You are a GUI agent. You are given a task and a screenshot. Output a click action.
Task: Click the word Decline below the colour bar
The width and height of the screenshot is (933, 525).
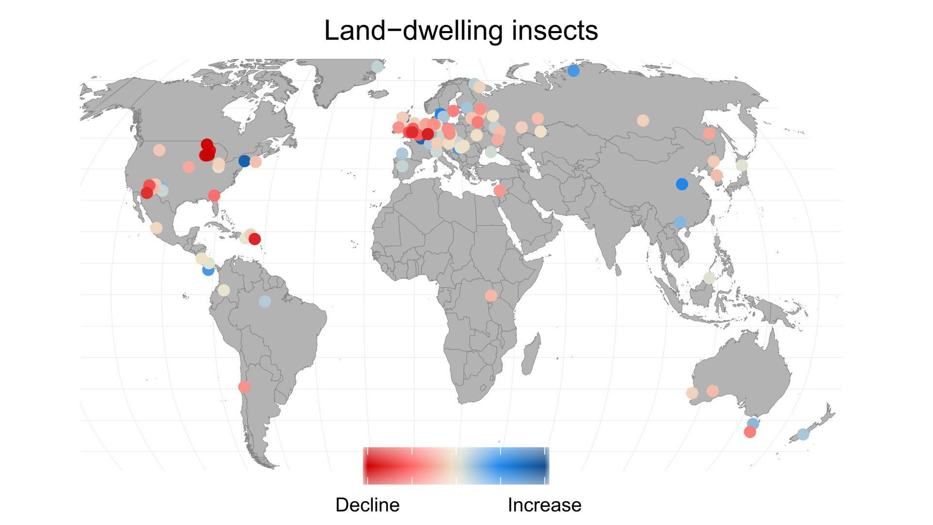[x=367, y=505]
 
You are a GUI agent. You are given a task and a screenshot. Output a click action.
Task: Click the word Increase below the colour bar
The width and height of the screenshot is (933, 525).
[x=544, y=505]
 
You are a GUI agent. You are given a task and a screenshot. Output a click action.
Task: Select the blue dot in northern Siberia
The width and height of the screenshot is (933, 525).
[x=573, y=70]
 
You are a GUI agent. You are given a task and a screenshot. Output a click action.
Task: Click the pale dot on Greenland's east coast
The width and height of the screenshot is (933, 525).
[x=377, y=67]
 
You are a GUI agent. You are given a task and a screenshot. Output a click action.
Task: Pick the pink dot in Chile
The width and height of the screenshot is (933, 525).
[x=244, y=387]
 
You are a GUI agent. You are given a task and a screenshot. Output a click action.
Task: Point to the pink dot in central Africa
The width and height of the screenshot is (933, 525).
[x=491, y=296]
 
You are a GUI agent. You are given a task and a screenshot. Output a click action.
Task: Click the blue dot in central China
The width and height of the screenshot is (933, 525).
[x=682, y=184]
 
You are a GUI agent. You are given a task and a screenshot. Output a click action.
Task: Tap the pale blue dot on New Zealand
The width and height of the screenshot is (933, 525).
[x=803, y=434]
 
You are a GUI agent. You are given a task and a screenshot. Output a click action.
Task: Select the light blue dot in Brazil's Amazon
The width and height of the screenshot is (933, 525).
[x=264, y=301]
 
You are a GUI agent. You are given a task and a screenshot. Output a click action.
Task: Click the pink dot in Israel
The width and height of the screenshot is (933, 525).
[x=500, y=191]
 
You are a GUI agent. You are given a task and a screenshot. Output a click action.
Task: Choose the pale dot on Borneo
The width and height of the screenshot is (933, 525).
[x=709, y=278]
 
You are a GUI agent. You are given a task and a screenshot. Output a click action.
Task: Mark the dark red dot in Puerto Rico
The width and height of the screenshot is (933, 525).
[x=255, y=239]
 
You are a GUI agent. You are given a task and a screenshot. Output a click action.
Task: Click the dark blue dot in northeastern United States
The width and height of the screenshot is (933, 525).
[x=244, y=161]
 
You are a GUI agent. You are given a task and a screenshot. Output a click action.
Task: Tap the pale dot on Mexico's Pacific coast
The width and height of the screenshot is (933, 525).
[x=156, y=227]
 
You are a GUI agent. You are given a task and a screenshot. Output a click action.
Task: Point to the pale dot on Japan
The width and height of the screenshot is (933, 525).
[x=742, y=165]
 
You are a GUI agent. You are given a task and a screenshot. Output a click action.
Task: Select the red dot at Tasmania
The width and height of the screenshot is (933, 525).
[x=750, y=432]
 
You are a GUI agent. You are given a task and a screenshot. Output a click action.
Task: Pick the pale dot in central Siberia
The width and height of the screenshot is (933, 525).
[x=642, y=121]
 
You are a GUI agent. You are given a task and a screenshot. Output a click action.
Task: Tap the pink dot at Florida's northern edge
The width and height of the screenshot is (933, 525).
[x=214, y=195]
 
